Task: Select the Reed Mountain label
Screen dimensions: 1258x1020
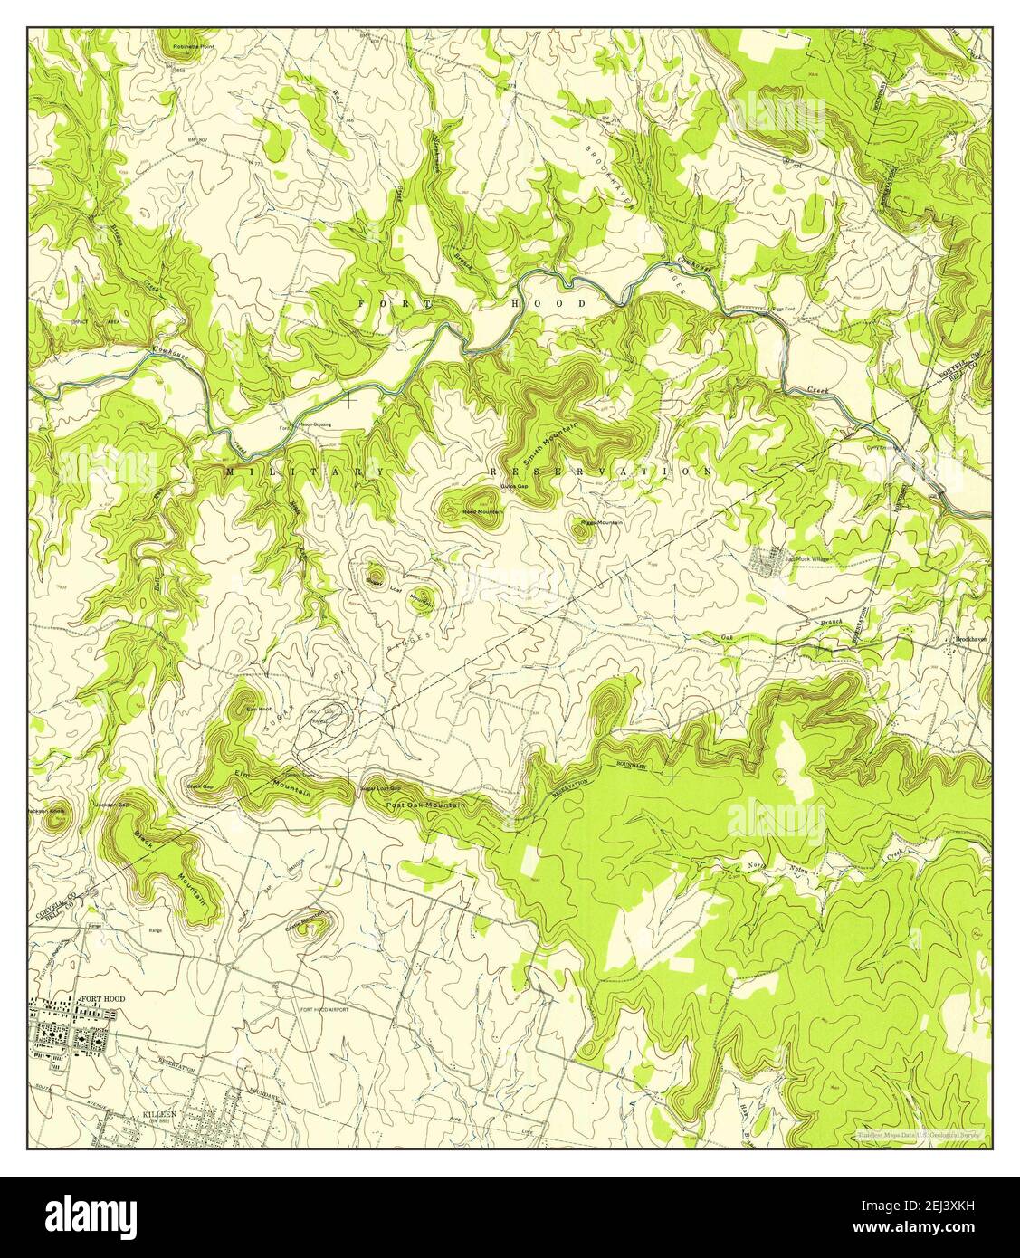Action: coord(482,512)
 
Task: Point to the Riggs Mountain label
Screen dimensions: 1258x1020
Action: coord(601,523)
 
